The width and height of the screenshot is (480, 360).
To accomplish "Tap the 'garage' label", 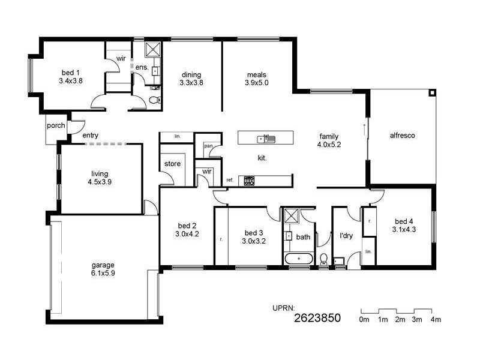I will coord(103,265).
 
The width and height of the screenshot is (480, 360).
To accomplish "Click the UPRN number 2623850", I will coord(317,319).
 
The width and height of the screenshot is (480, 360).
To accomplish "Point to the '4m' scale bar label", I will coord(435,320).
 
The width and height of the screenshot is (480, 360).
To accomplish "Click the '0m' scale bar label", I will coord(364,320).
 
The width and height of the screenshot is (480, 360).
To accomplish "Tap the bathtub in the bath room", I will coord(298,259).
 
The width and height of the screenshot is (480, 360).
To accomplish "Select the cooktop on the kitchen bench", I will coord(249,180).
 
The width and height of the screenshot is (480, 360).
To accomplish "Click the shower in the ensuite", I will coord(152,50).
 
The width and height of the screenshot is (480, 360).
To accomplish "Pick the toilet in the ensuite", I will coord(153,100).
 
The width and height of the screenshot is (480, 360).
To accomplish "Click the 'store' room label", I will coord(172,164).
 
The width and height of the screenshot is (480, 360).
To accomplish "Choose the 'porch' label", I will coord(56,126).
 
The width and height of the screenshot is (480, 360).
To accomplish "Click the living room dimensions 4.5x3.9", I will coord(100,182).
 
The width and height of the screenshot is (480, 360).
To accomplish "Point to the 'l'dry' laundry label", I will coord(346,236).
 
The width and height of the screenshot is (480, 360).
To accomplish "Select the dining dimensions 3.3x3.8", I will coord(191,83).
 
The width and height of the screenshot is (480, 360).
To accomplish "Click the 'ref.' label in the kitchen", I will coord(230,180).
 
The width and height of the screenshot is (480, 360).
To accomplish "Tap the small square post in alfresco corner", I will coord(431,93).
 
